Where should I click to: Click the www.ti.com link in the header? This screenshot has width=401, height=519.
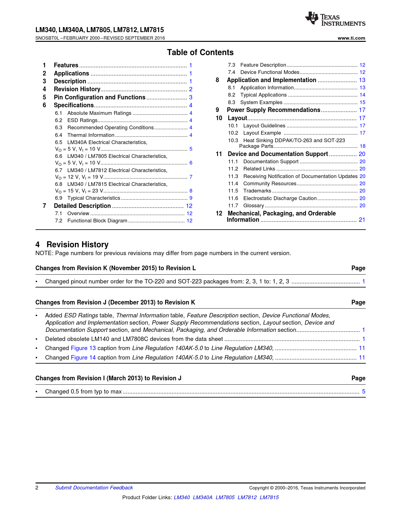tap(351, 38)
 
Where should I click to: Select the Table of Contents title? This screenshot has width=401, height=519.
tap(200, 53)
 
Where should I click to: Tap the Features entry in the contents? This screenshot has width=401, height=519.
tap(66, 65)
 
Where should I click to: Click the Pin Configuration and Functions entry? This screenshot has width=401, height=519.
tap(99, 98)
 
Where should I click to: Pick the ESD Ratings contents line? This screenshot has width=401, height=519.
tap(82, 120)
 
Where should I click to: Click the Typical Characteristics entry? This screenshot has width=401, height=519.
tap(93, 198)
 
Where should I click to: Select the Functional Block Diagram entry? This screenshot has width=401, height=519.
tap(97, 221)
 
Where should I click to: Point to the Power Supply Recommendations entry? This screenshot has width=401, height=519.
tap(273, 110)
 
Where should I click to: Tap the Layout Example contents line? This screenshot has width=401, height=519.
tap(262, 133)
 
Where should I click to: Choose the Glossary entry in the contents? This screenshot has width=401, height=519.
tap(253, 206)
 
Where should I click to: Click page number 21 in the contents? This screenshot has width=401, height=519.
tap(362, 220)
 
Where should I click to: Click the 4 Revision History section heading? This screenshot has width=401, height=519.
tap(72, 245)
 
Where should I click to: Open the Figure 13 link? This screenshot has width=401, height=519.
tap(83, 348)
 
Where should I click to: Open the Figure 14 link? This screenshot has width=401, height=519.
tap(83, 358)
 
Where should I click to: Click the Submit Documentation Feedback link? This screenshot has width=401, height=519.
tap(94, 488)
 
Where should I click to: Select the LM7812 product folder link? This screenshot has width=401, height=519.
tap(247, 498)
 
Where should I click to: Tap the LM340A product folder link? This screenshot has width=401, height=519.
tap(203, 498)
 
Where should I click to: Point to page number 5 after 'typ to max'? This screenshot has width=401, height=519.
tap(364, 392)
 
